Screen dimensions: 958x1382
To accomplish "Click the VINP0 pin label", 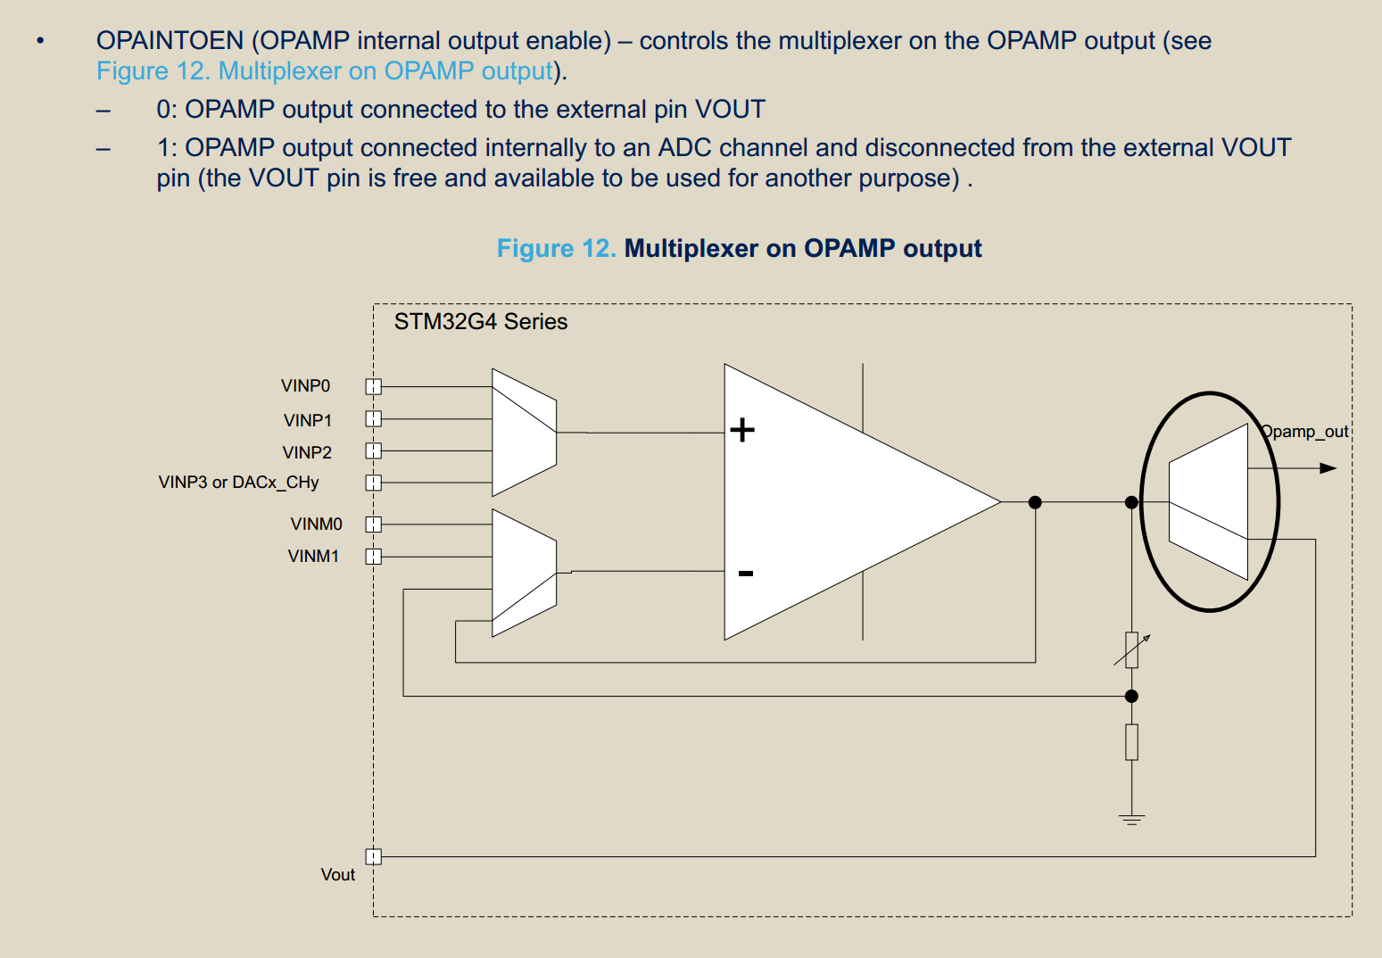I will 305,385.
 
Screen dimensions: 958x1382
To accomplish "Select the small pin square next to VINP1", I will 374,418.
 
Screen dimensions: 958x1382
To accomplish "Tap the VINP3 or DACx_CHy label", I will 238,482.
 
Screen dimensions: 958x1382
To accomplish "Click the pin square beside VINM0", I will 374,524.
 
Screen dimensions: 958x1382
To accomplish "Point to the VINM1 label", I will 313,556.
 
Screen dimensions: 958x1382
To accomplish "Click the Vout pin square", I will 374,856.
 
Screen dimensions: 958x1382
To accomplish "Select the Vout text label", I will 337,874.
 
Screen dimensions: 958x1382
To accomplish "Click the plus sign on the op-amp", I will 742,430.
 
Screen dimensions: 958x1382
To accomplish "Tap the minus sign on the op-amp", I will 746,573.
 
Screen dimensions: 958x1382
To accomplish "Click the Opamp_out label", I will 1304,432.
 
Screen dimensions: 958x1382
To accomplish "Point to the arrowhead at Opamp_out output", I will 1328,468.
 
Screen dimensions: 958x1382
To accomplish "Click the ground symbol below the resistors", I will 1131,819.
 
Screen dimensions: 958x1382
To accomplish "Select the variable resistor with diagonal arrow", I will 1131,649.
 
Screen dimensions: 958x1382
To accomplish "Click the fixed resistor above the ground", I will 1131,741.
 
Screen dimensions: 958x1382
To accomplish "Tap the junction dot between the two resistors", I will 1131,696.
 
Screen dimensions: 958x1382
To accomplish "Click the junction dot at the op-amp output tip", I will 1035,502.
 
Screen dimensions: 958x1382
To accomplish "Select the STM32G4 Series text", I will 480,322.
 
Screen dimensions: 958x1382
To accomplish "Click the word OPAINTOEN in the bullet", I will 170,40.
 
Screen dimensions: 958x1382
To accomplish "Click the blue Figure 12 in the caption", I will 556,248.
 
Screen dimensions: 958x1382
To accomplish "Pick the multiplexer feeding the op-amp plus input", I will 524,433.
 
